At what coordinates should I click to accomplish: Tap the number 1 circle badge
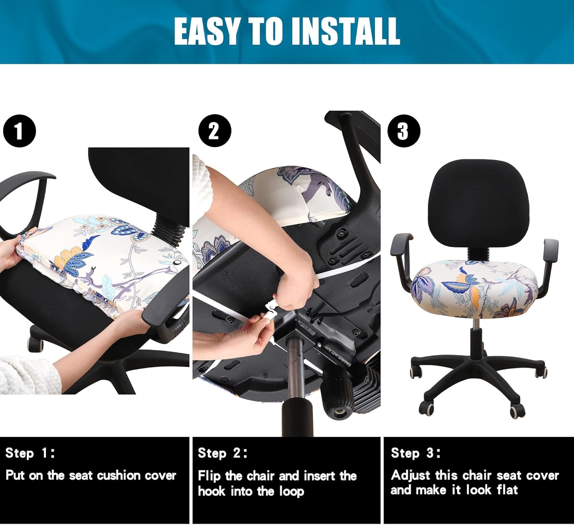19,131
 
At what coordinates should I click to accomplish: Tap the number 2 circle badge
215,131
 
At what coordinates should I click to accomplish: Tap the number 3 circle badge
404,131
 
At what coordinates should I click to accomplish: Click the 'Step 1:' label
30,453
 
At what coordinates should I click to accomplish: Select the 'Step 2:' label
223,453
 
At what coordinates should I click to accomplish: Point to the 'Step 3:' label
416,453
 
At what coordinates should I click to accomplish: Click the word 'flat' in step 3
507,490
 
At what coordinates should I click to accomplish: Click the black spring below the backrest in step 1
168,228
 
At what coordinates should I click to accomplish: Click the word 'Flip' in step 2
209,476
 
